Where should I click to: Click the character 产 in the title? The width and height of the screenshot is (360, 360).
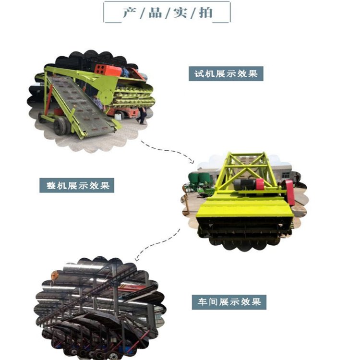pos(130,12)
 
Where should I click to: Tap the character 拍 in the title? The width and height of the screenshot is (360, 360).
pos(205,12)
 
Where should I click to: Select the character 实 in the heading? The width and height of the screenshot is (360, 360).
pos(180,12)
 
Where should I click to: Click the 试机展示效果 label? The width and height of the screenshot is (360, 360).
pos(226,74)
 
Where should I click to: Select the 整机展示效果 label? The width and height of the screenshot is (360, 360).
pos(77,185)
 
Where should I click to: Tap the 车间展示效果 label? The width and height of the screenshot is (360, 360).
pos(229,302)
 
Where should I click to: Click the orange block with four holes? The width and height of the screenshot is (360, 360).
pos(101,69)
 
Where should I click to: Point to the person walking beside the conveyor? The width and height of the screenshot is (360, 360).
pos(142,115)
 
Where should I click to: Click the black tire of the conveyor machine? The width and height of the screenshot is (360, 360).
pos(60,126)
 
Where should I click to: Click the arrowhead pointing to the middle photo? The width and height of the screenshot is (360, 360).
pos(192,161)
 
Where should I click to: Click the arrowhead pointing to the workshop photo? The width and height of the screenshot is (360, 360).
pos(137,259)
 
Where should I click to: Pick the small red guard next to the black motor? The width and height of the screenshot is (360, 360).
pos(260,184)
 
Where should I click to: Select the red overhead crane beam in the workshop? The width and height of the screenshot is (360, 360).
pos(133,287)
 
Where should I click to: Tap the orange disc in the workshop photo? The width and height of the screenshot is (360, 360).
pos(54,275)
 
